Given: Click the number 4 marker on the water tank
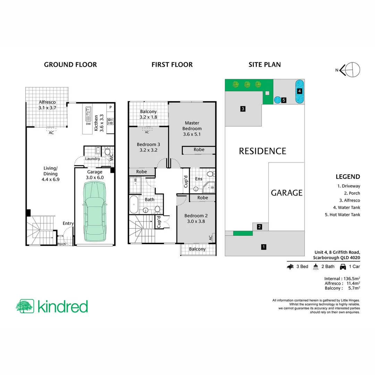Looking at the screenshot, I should click(300, 91).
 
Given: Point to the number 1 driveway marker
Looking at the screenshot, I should click(264, 247).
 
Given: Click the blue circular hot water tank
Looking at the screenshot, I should click(277, 100).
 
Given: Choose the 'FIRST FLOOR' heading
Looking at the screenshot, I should click(172, 65).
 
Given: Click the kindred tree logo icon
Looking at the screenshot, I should click(25, 306).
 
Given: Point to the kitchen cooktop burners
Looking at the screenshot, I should click(111, 122).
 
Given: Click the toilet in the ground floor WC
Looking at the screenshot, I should click(107, 152).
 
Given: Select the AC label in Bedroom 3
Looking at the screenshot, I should click(147, 132).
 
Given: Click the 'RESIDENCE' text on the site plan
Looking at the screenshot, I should click(262, 151).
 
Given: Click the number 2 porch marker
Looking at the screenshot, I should click(259, 227).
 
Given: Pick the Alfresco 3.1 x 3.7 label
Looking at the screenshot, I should click(47, 105).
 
